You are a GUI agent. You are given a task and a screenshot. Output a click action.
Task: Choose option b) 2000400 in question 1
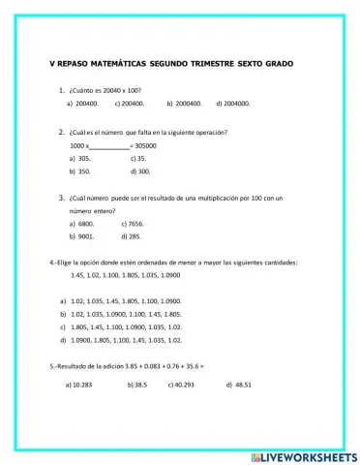pos(184,102)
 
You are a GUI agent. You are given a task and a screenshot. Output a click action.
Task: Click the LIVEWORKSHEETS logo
pos(302,454)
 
